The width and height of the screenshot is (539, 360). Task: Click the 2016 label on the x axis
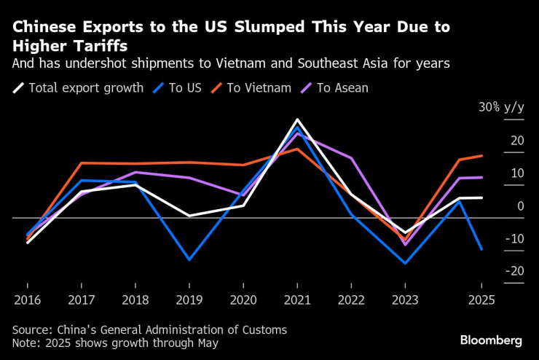click(27, 300)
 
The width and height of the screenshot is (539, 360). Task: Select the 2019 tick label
click(189, 300)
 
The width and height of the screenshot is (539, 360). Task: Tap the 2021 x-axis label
click(296, 300)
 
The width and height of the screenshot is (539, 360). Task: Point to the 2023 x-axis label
click(405, 300)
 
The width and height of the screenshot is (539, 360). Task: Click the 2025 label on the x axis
click(481, 300)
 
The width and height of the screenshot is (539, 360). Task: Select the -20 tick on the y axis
click(516, 271)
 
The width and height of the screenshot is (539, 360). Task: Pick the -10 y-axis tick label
click(516, 238)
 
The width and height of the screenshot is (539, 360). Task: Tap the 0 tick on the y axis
click(520, 206)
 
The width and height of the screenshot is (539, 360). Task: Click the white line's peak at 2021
click(296, 120)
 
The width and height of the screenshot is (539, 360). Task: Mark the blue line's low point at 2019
click(189, 259)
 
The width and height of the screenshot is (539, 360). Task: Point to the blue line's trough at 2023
click(405, 263)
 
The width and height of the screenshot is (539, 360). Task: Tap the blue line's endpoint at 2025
click(481, 249)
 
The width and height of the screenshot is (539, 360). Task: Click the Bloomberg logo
click(491, 340)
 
